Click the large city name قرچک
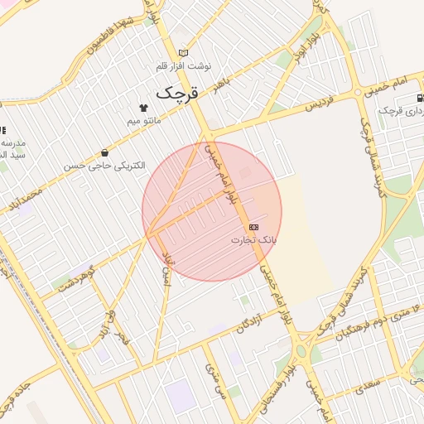tap(177, 92)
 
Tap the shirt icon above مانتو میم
tap(143, 107)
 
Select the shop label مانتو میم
tap(145, 121)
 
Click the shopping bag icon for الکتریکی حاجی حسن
tap(105, 152)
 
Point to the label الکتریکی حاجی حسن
tap(105, 166)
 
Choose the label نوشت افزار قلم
tap(184, 65)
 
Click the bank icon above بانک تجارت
tap(253, 226)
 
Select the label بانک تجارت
tap(253, 239)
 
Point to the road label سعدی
tap(369, 383)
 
